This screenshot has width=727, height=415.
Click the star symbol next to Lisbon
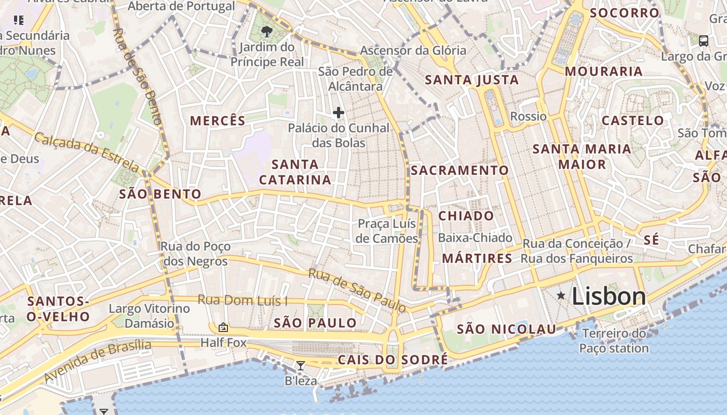click(x=561, y=296)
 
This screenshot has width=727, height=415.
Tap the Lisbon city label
click(x=609, y=296)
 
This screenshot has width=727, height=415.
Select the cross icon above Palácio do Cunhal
click(x=339, y=113)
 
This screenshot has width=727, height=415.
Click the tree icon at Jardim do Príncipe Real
click(x=267, y=32)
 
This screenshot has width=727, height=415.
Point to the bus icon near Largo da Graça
click(x=704, y=41)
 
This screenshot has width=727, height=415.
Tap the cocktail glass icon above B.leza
click(x=300, y=366)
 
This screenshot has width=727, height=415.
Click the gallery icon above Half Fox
click(x=223, y=327)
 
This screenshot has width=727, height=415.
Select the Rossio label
click(x=528, y=116)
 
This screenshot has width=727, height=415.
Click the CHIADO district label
click(x=466, y=216)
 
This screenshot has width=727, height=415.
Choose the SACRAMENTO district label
click(x=460, y=170)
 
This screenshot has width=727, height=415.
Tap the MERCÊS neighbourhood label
click(x=218, y=121)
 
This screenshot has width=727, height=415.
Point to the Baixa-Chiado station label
click(x=475, y=238)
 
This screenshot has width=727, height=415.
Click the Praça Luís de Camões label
click(x=387, y=231)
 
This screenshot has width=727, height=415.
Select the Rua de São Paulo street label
click(x=357, y=290)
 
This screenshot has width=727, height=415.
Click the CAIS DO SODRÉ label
click(x=393, y=359)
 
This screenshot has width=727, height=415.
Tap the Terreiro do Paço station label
click(x=614, y=341)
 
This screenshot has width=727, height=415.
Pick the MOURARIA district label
click(x=603, y=71)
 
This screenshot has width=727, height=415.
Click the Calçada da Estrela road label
click(x=87, y=152)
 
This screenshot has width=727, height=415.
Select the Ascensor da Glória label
click(x=413, y=50)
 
